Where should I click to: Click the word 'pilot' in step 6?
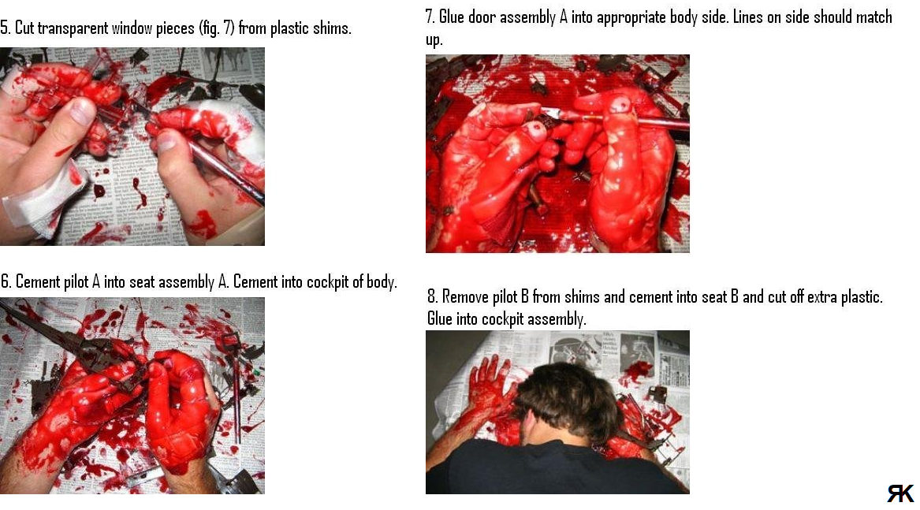[x=75, y=281]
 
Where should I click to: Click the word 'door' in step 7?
[x=481, y=17]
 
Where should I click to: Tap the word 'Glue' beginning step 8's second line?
[x=439, y=318]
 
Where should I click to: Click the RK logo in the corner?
[x=900, y=493]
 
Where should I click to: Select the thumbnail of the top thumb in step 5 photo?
[x=82, y=110]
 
